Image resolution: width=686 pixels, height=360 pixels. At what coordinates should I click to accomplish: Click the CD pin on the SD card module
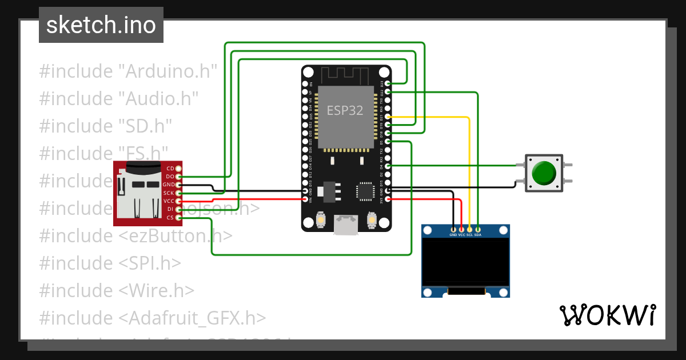click(x=179, y=169)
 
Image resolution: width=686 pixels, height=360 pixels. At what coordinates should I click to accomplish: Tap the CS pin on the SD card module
click(x=179, y=218)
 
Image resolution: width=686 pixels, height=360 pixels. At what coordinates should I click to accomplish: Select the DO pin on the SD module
click(x=179, y=177)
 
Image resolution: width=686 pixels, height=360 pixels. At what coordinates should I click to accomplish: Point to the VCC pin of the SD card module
click(x=179, y=201)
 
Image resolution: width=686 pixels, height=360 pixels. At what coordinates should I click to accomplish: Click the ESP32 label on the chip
click(x=345, y=110)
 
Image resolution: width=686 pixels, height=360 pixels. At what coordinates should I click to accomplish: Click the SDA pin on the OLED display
click(x=478, y=229)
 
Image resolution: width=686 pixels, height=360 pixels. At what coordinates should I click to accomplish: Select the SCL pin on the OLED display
click(x=470, y=229)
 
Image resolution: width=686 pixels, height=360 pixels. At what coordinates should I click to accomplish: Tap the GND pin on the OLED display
click(x=453, y=229)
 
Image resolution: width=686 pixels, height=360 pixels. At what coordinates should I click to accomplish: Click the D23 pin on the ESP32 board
click(x=388, y=83)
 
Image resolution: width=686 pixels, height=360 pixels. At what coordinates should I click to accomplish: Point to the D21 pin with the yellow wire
click(x=388, y=116)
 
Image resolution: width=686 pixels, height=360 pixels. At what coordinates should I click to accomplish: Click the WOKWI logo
click(x=607, y=315)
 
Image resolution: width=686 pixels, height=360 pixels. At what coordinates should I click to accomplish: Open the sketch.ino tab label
click(x=101, y=25)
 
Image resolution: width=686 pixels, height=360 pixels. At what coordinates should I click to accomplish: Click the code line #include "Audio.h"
click(x=119, y=99)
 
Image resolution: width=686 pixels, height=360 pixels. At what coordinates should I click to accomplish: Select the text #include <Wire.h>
click(x=117, y=290)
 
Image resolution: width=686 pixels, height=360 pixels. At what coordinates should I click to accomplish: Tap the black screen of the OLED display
click(x=465, y=262)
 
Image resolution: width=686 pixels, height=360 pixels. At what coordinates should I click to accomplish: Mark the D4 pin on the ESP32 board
click(x=388, y=166)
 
